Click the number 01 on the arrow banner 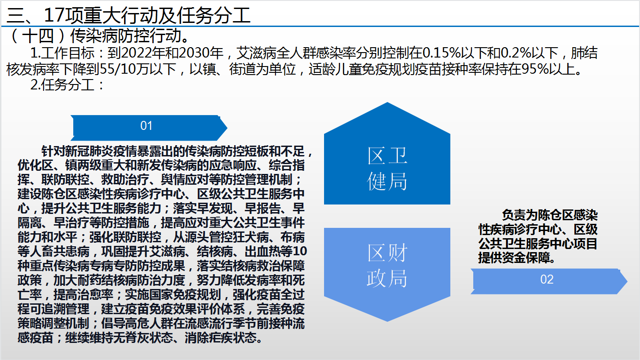pos(146,126)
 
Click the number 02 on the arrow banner pos(547,279)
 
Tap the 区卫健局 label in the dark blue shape pos(387,169)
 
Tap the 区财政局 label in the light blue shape pos(387,266)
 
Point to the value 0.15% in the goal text pos(442,53)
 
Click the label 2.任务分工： pos(67,84)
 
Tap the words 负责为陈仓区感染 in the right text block pos(550,215)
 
